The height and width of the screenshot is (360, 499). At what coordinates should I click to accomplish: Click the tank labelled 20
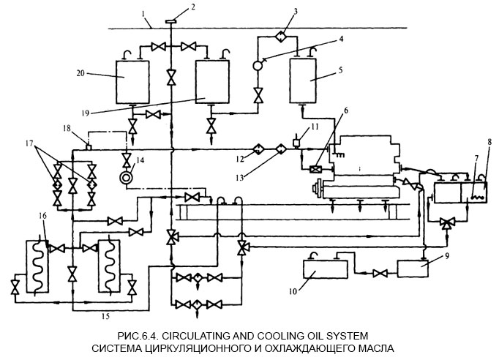pos(132,80)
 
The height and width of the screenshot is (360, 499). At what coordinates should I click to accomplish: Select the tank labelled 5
pos(307,80)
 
